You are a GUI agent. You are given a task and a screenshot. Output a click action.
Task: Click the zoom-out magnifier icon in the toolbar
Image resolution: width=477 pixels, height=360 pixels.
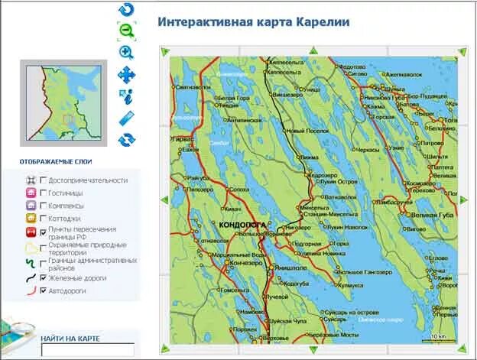(126, 31)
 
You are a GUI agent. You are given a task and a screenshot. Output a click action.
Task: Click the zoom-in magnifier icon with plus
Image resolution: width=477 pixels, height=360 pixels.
(126, 52)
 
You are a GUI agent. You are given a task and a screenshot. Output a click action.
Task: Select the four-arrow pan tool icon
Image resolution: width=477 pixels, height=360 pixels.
(126, 74)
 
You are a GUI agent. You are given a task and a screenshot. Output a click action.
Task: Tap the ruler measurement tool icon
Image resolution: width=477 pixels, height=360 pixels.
(126, 118)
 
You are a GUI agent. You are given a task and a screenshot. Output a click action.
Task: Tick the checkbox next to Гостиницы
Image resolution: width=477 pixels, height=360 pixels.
(43, 193)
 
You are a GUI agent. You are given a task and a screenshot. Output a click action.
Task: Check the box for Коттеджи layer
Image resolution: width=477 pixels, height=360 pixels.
(43, 218)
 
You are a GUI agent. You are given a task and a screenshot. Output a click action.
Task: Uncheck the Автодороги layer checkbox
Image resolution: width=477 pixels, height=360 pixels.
(43, 291)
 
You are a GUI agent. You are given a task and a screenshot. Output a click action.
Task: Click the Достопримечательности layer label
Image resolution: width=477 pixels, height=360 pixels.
(88, 180)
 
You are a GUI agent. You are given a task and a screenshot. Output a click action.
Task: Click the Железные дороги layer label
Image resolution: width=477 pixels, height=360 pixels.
(77, 278)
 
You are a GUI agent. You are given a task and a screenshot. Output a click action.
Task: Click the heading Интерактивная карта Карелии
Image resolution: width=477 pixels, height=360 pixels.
(254, 22)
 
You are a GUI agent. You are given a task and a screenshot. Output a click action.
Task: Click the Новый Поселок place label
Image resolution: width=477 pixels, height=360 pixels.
(307, 131)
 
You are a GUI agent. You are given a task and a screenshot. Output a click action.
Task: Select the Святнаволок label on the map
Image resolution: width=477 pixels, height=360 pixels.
(193, 88)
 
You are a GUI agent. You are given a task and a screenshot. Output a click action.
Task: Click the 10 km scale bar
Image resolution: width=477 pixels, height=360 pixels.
(438, 337)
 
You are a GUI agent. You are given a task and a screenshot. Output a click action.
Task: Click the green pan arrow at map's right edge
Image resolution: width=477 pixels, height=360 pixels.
(462, 199)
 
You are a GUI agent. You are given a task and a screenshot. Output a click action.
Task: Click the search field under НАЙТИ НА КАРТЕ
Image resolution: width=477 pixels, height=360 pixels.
(76, 350)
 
